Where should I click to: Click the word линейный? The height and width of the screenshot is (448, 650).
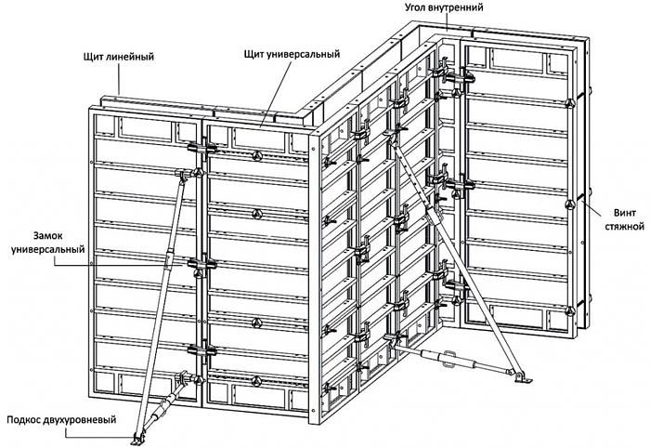(x=136, y=58)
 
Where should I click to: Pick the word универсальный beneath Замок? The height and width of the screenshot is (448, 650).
(x=46, y=251)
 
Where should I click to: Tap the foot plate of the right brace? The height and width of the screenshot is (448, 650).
(x=522, y=376)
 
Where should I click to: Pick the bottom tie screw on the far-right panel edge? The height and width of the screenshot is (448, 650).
(x=585, y=299)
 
